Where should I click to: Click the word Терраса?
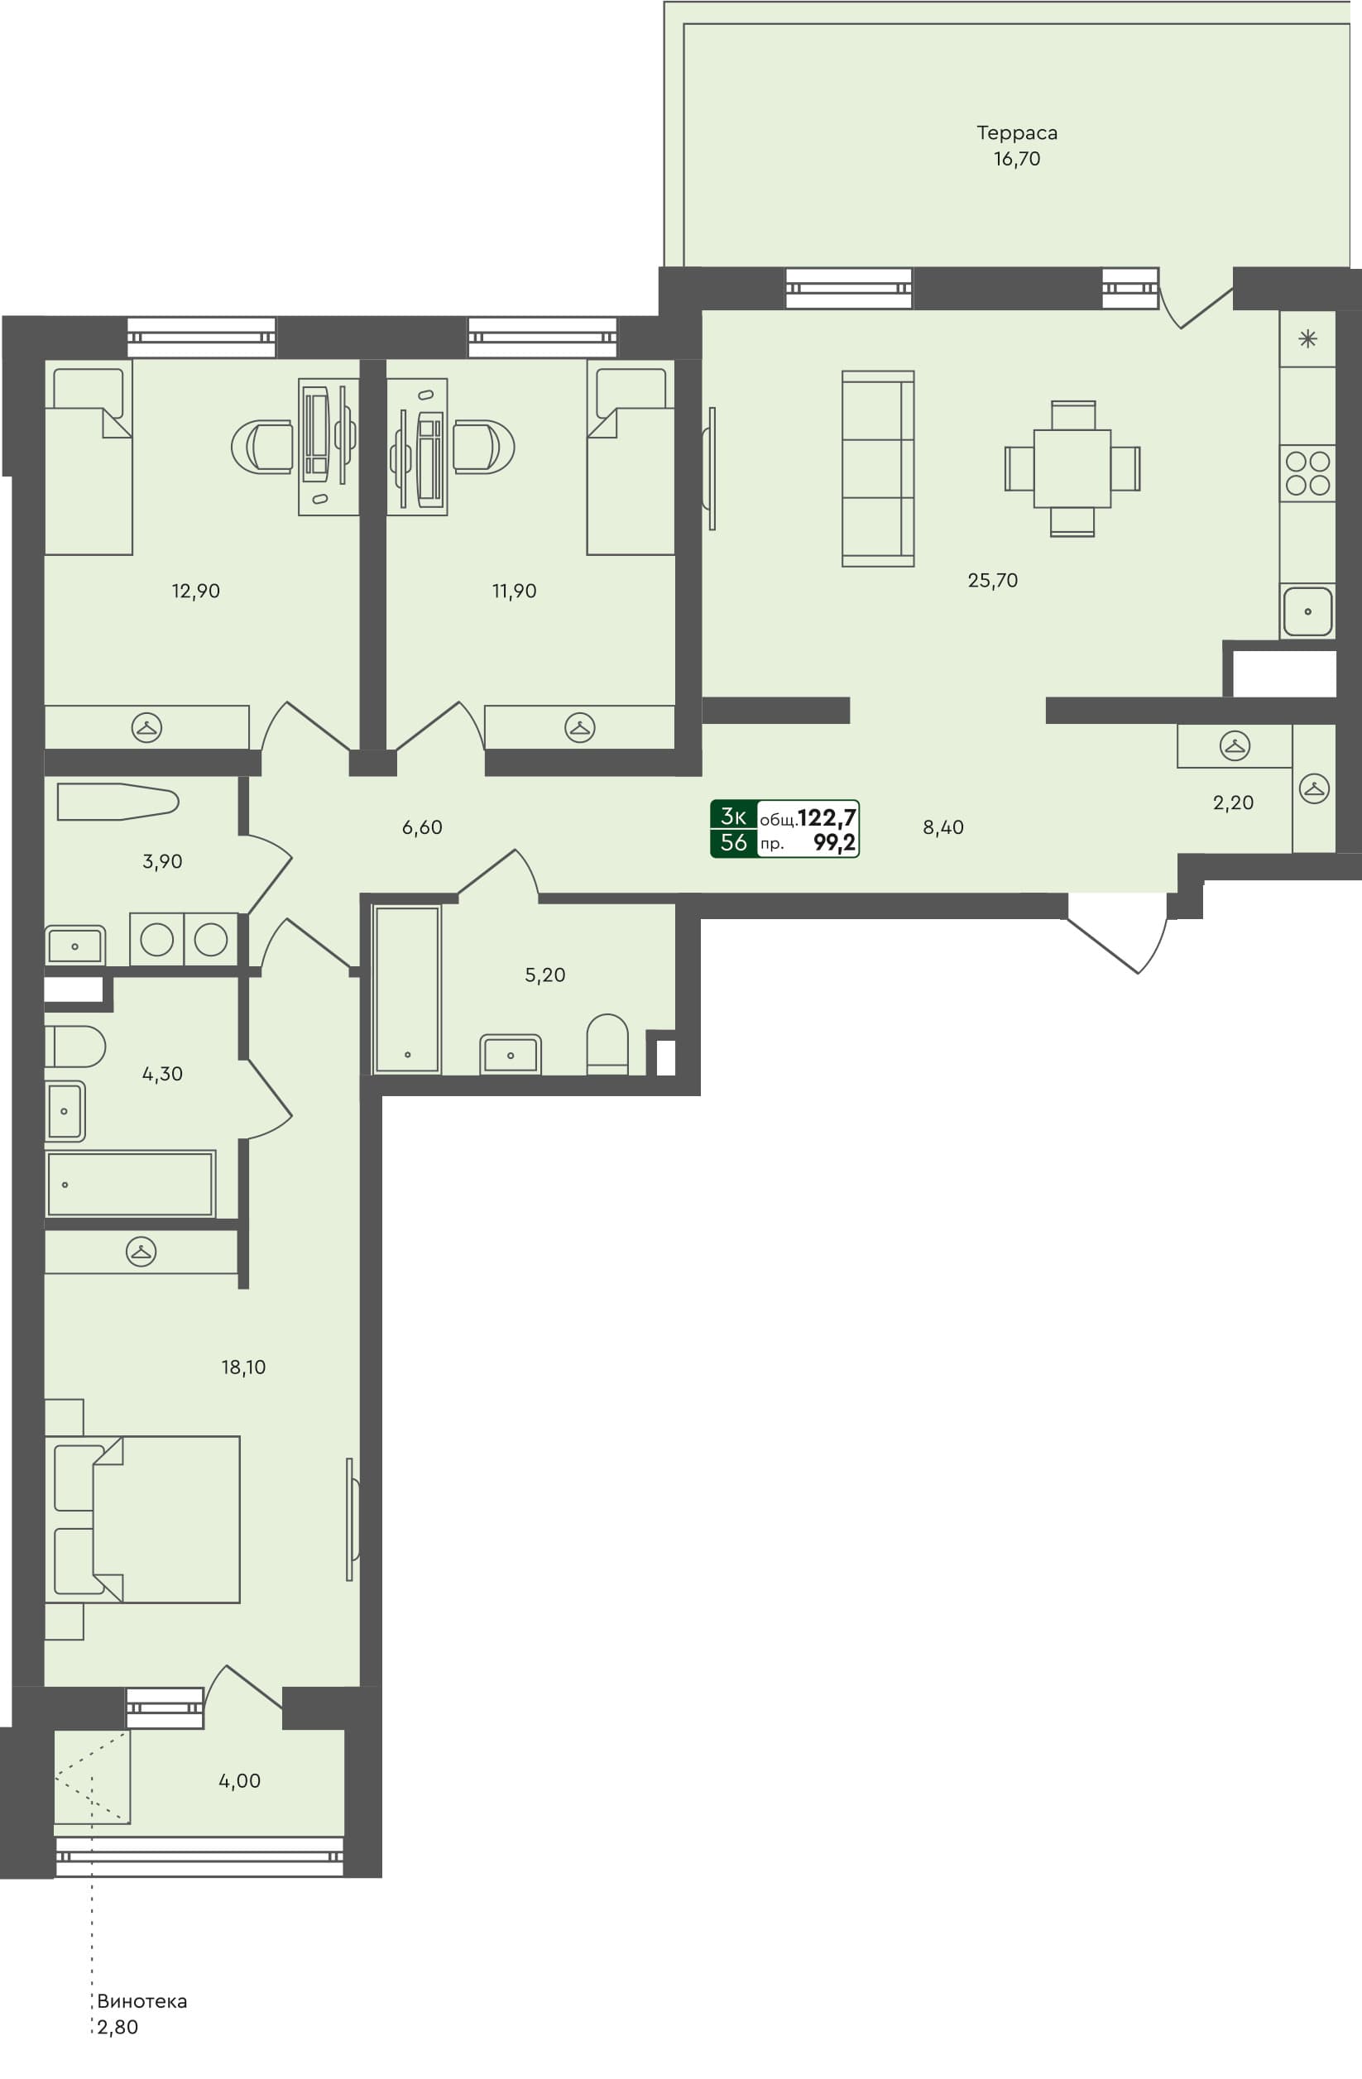tap(1016, 132)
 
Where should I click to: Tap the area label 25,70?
tap(992, 580)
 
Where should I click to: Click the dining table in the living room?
tap(1072, 468)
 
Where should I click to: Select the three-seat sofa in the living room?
tap(877, 468)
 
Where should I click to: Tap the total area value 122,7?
tap(826, 817)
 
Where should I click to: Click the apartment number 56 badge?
tap(733, 842)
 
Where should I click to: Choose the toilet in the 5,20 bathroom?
tap(607, 1043)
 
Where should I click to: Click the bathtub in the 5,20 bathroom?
tap(407, 988)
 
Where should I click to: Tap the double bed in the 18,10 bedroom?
tap(144, 1519)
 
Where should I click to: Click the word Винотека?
tap(141, 2000)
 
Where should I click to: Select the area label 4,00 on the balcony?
tap(239, 1780)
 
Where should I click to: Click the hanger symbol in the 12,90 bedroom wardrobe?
tap(146, 726)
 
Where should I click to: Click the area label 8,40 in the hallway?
tap(942, 827)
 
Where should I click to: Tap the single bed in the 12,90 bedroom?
tap(88, 462)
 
